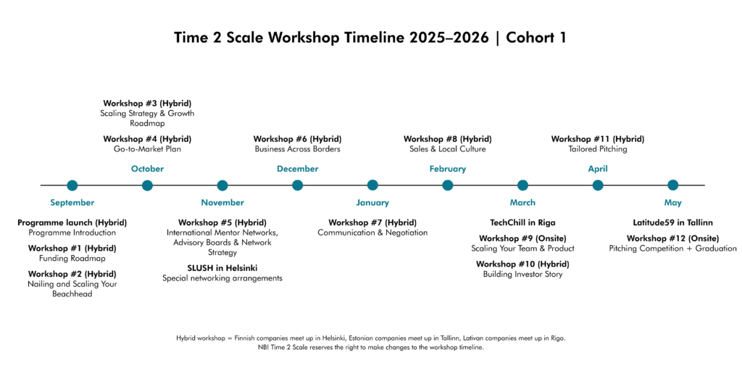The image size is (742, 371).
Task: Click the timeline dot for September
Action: [72, 185]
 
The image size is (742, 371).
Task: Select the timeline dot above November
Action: [222, 185]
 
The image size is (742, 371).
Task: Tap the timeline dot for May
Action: [673, 185]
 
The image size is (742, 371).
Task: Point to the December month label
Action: [298, 169]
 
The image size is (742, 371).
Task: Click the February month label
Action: [448, 169]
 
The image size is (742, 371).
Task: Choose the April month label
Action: [598, 169]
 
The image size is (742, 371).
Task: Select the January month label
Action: [372, 203]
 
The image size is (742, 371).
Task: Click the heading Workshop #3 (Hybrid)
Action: [147, 103]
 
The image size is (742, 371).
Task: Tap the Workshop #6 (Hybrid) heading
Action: [297, 139]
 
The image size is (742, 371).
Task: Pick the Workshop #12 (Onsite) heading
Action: [673, 238]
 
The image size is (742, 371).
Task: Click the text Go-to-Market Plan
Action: [147, 149]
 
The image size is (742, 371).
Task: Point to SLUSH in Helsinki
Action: [222, 268]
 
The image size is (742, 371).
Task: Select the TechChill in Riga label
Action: [522, 222]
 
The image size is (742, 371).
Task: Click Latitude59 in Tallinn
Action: [673, 222]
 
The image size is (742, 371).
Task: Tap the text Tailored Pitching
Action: [598, 149]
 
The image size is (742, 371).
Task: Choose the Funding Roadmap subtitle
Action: [72, 259]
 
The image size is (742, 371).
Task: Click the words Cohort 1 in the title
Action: [536, 38]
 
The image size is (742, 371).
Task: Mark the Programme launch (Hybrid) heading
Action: [72, 222]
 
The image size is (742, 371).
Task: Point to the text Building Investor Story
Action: [522, 274]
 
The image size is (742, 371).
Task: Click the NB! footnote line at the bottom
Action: [370, 347]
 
